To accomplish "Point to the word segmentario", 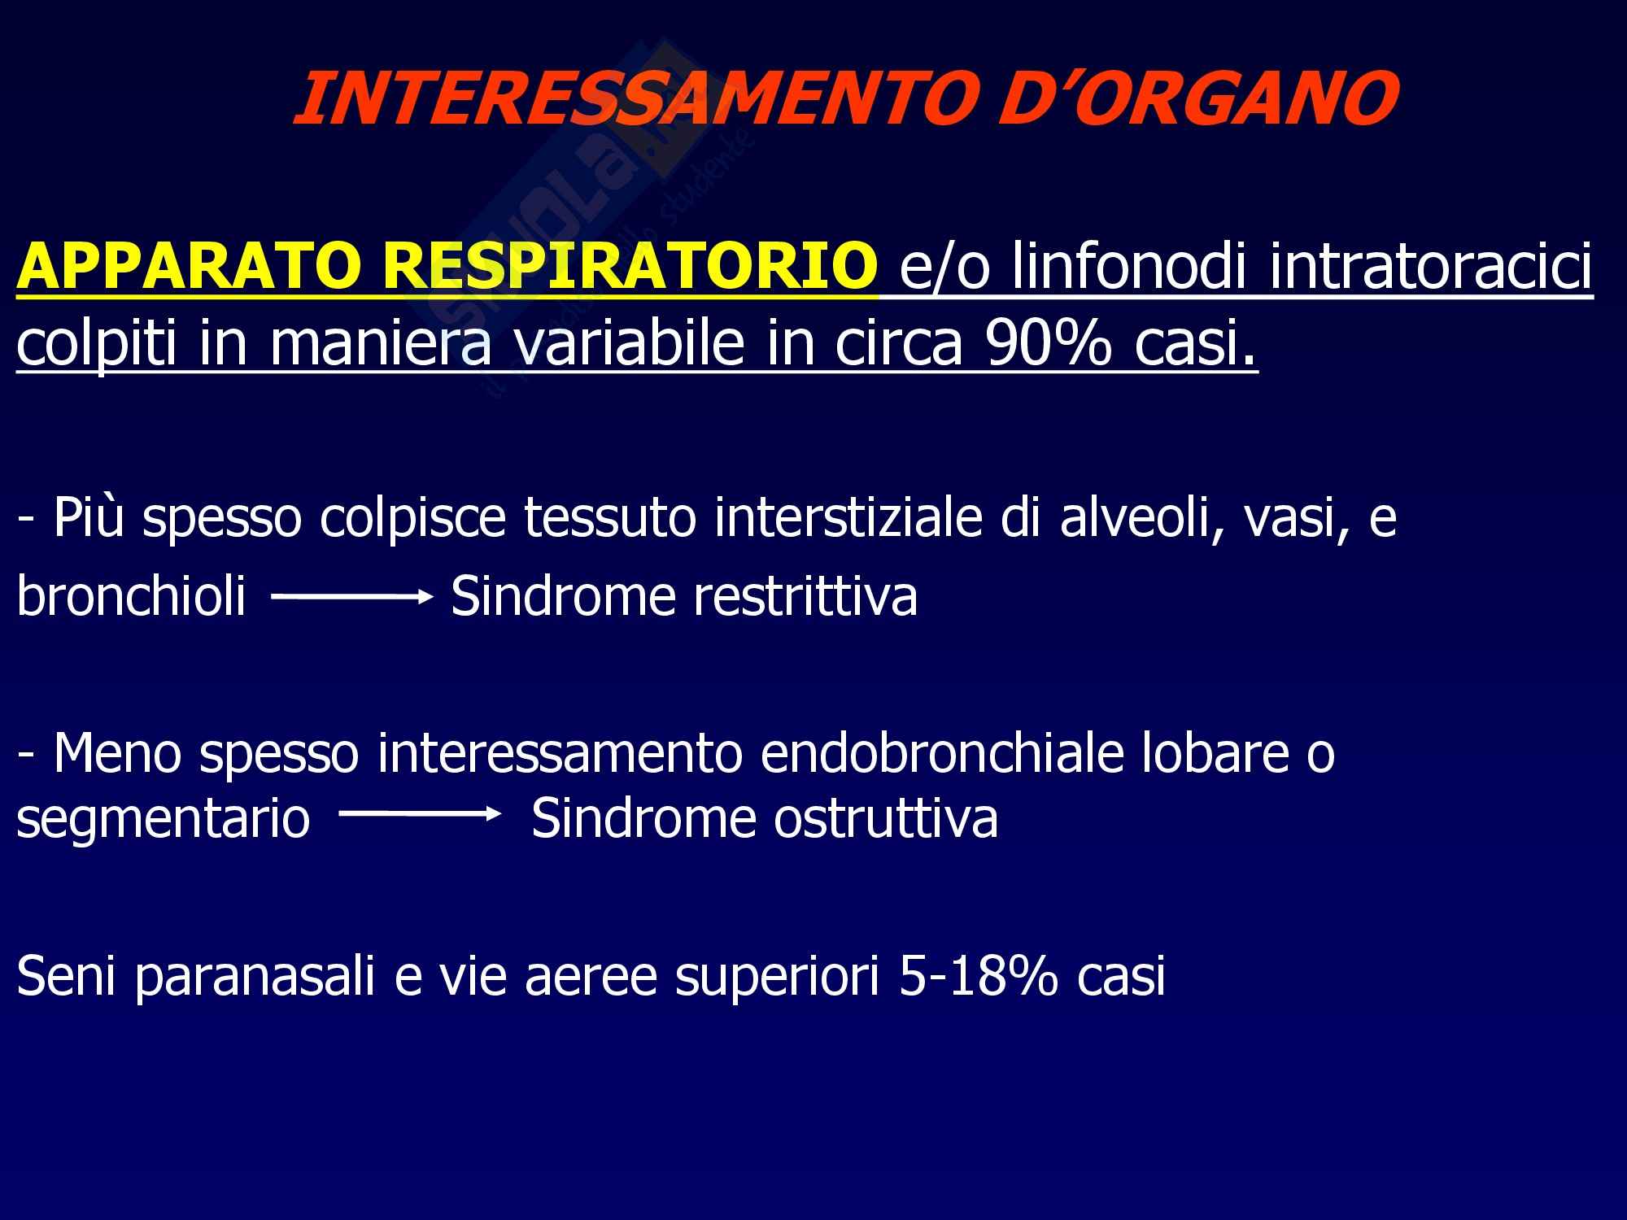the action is click(163, 820).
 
